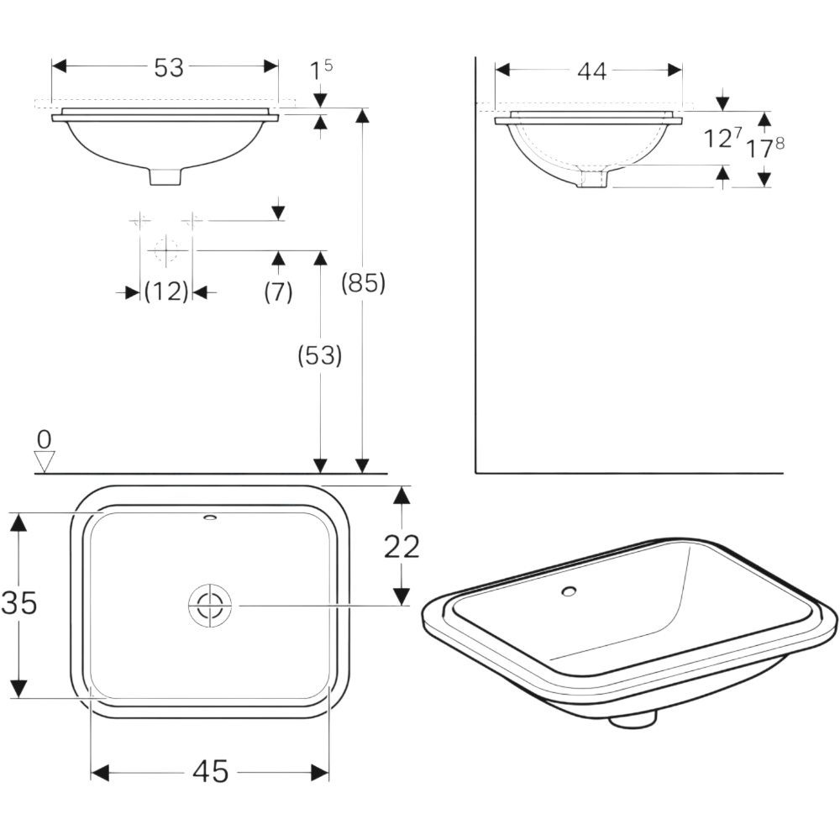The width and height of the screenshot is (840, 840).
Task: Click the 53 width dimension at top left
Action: pos(169,68)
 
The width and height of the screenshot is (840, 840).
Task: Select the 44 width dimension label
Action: pos(591,72)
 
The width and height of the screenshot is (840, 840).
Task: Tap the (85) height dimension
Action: pos(363,284)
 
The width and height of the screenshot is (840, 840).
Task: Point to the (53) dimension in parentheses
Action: pos(320,356)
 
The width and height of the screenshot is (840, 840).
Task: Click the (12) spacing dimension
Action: pos(165,292)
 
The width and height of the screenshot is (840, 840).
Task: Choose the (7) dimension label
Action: pos(278,292)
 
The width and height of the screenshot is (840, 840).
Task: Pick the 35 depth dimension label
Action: pos(19,602)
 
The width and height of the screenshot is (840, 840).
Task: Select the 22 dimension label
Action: pos(402,546)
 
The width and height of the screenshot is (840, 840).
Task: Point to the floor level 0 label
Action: pos(45,438)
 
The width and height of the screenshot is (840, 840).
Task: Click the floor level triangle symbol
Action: pos(45,460)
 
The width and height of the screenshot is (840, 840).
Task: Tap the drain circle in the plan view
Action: pos(209,605)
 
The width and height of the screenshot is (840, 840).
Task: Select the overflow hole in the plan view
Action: pos(209,517)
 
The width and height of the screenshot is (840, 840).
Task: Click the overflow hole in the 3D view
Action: pos(569,591)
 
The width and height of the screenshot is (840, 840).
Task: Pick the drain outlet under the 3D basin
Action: pos(632,719)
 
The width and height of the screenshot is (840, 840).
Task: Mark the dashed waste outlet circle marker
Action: pos(166,249)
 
